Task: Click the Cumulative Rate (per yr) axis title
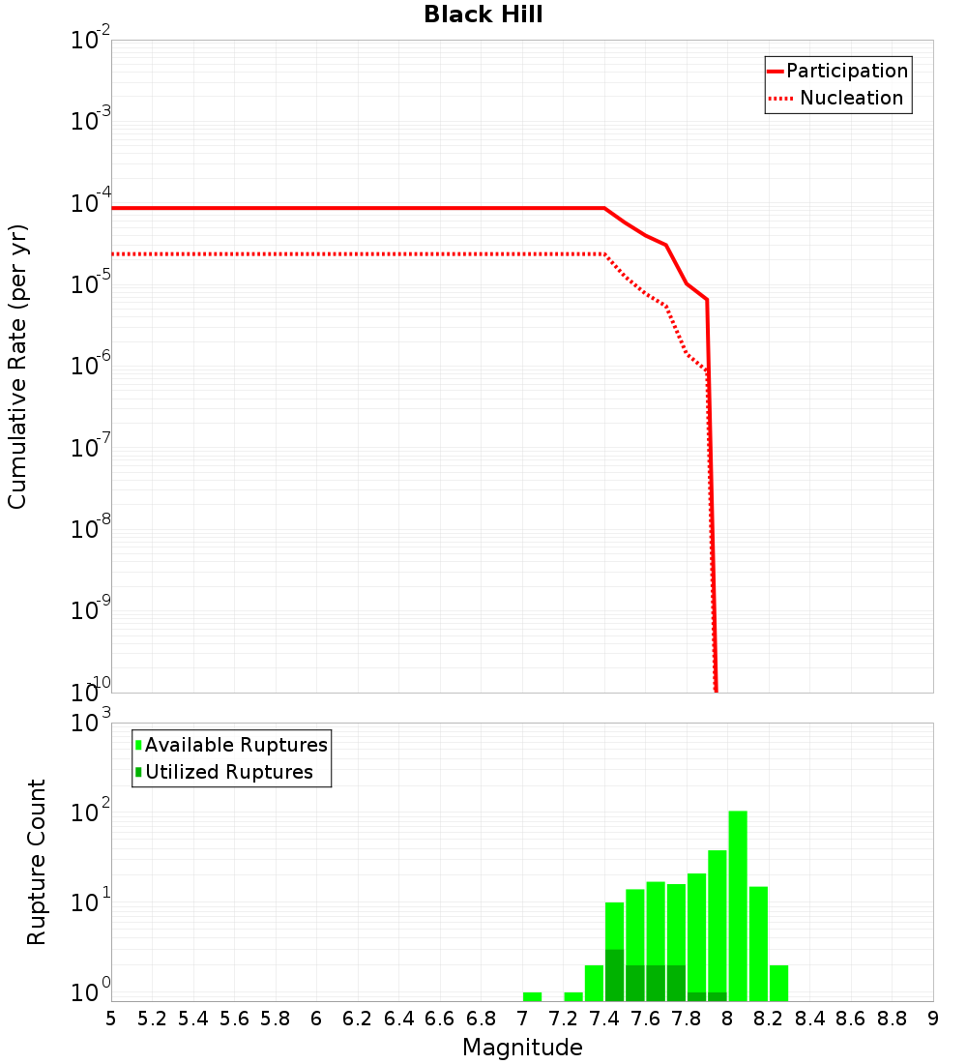pyautogui.click(x=18, y=366)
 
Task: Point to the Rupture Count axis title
pyautogui.click(x=37, y=862)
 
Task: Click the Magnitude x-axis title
pyautogui.click(x=522, y=1048)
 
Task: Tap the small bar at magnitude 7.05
pyautogui.click(x=532, y=996)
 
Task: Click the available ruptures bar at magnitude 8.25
pyautogui.click(x=778, y=983)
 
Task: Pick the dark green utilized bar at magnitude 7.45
pyautogui.click(x=615, y=975)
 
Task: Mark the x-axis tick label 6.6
pyautogui.click(x=440, y=1019)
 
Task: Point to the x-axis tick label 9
pyautogui.click(x=932, y=1019)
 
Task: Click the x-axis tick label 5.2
pyautogui.click(x=152, y=1019)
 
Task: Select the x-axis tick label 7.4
pyautogui.click(x=604, y=1019)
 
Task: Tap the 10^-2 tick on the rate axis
pyautogui.click(x=91, y=42)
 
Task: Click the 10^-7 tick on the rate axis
pyautogui.click(x=91, y=449)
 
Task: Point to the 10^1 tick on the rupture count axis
pyautogui.click(x=93, y=902)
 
